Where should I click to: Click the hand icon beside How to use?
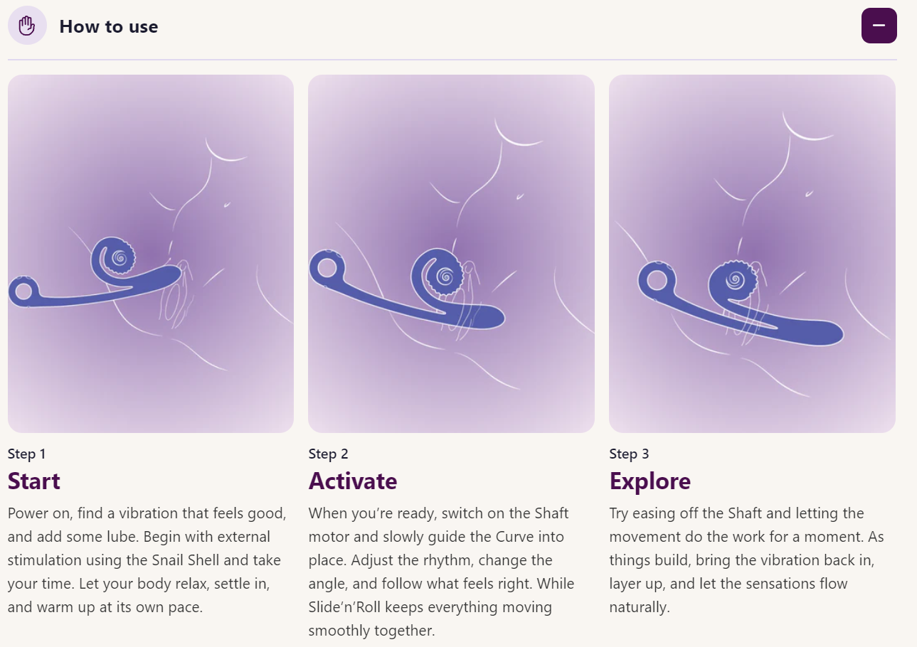point(27,26)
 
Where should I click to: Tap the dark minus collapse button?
point(879,26)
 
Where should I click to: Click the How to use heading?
point(108,26)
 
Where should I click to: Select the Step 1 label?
point(26,454)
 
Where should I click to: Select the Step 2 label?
point(328,454)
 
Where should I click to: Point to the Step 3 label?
point(629,454)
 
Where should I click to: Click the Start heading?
point(34,481)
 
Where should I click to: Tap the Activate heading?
point(352,481)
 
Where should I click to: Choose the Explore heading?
point(650,481)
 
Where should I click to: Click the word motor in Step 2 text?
point(329,537)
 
